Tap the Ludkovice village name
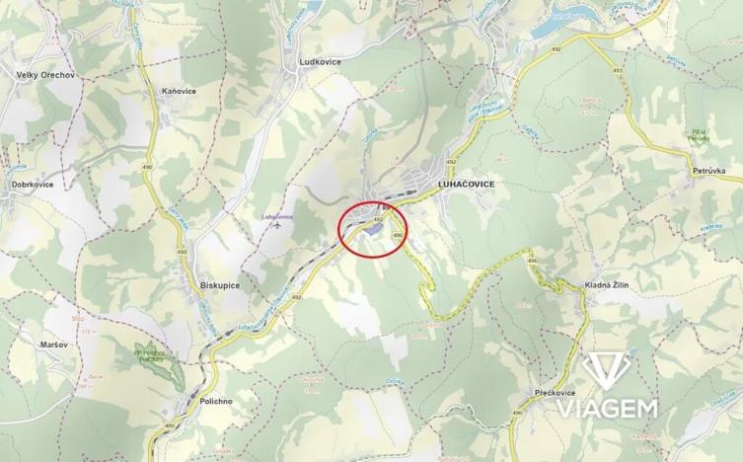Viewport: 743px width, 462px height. point(320,61)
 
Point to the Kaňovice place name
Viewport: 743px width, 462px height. point(179,91)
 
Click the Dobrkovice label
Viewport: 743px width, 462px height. point(33,184)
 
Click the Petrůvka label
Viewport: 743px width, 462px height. point(708,171)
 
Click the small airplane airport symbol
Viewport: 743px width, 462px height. point(278,225)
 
